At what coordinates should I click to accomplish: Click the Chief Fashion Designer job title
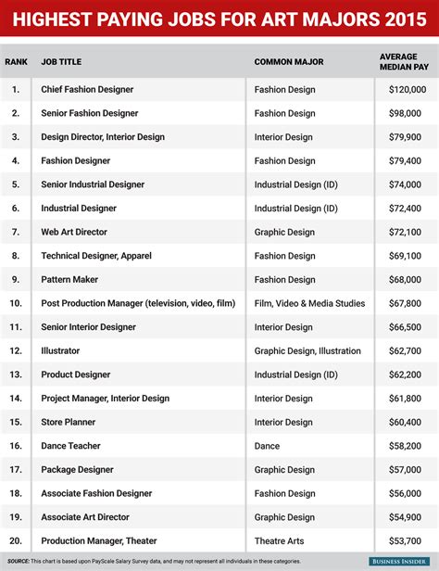click(87, 89)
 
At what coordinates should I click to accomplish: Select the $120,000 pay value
click(407, 89)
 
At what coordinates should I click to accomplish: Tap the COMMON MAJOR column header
click(289, 62)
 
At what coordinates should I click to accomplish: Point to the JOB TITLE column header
click(61, 62)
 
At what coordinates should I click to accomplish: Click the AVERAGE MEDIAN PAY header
click(405, 61)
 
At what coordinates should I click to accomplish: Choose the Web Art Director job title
click(74, 232)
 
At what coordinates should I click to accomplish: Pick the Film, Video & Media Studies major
click(309, 303)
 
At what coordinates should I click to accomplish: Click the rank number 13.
click(15, 374)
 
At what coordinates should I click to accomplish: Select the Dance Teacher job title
click(71, 446)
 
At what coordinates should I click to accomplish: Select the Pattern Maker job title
click(70, 279)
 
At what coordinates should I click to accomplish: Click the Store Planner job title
click(69, 422)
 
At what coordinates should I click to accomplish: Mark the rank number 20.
click(15, 540)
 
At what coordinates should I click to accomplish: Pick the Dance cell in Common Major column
click(267, 446)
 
